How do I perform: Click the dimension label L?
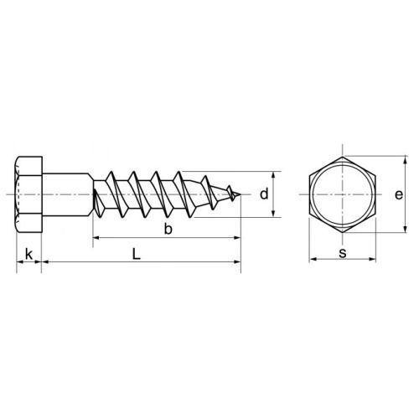(x=137, y=253)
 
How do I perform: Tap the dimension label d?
(x=263, y=195)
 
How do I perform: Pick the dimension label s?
(x=343, y=251)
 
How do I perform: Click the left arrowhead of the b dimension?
(x=95, y=240)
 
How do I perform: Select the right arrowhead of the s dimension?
(x=372, y=260)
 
